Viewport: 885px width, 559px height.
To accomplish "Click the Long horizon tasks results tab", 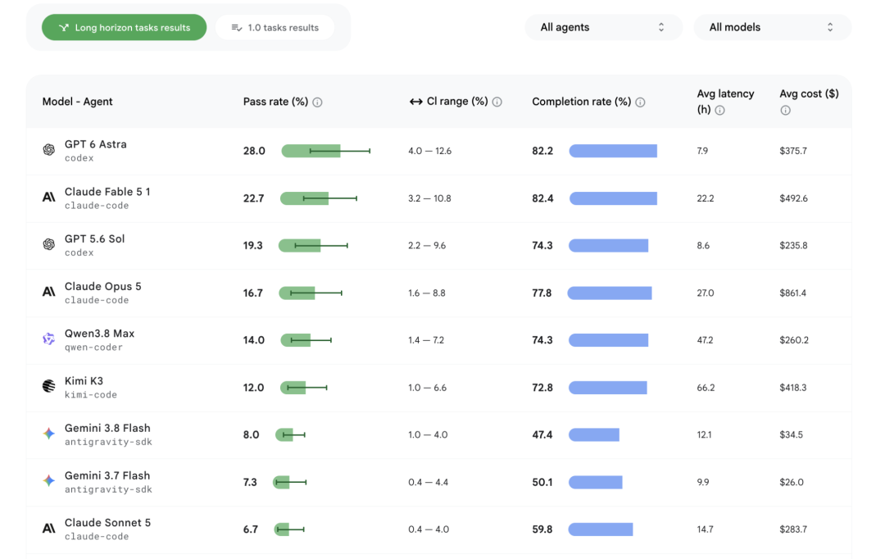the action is (125, 27).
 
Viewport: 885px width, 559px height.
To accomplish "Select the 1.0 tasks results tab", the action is (275, 27).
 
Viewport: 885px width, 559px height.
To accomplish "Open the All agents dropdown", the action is (603, 27).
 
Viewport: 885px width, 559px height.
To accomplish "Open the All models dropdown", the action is (772, 27).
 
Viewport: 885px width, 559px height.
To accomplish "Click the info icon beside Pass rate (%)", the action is (317, 102).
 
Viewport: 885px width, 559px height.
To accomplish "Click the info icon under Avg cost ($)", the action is (785, 110).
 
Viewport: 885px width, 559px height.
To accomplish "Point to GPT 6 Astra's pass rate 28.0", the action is (254, 151).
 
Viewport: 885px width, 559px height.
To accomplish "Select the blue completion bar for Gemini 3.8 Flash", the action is (594, 434).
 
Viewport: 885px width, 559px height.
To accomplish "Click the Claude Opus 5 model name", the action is (102, 286).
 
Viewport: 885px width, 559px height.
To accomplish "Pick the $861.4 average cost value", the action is (792, 293).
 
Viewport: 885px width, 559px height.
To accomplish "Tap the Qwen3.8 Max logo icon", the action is (49, 339).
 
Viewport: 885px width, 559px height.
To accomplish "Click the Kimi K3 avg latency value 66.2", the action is (706, 388).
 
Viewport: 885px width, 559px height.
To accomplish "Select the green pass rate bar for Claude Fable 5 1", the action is (304, 198).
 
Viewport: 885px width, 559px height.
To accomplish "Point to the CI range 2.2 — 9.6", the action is (427, 246).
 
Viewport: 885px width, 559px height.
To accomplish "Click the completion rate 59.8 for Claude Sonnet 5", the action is (542, 529).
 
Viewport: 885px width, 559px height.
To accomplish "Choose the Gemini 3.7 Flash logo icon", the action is (49, 480).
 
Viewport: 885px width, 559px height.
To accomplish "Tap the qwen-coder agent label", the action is (93, 348).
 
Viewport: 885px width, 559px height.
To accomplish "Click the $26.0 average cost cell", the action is (792, 482).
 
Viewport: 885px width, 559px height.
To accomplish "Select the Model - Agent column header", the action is (77, 102).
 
